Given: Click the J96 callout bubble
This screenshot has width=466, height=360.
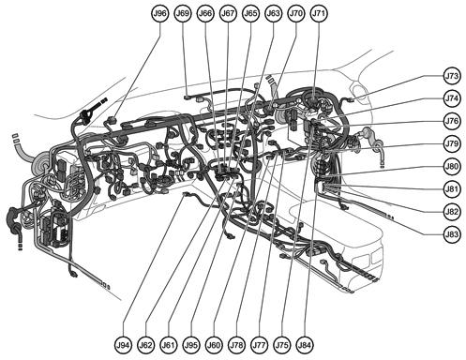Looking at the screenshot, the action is [x=159, y=14].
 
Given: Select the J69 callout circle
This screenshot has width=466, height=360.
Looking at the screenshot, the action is [x=183, y=14].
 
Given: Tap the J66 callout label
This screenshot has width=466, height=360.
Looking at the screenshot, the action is [x=205, y=14].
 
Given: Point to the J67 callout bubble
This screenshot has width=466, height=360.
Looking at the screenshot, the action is [x=228, y=14].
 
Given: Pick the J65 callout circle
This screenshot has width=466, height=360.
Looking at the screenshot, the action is [x=250, y=14].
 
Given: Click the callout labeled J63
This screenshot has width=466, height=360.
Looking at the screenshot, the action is [x=273, y=14].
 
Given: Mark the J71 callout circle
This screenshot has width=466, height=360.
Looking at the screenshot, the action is [x=319, y=14].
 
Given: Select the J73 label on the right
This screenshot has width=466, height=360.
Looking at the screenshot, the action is [x=452, y=76].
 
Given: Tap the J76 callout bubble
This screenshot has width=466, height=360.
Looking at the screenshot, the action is [x=452, y=121].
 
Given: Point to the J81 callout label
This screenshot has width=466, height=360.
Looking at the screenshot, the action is [x=452, y=188].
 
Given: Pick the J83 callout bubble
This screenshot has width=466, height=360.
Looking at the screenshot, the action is [x=452, y=233].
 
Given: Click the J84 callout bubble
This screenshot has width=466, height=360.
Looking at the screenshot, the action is [x=305, y=345].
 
